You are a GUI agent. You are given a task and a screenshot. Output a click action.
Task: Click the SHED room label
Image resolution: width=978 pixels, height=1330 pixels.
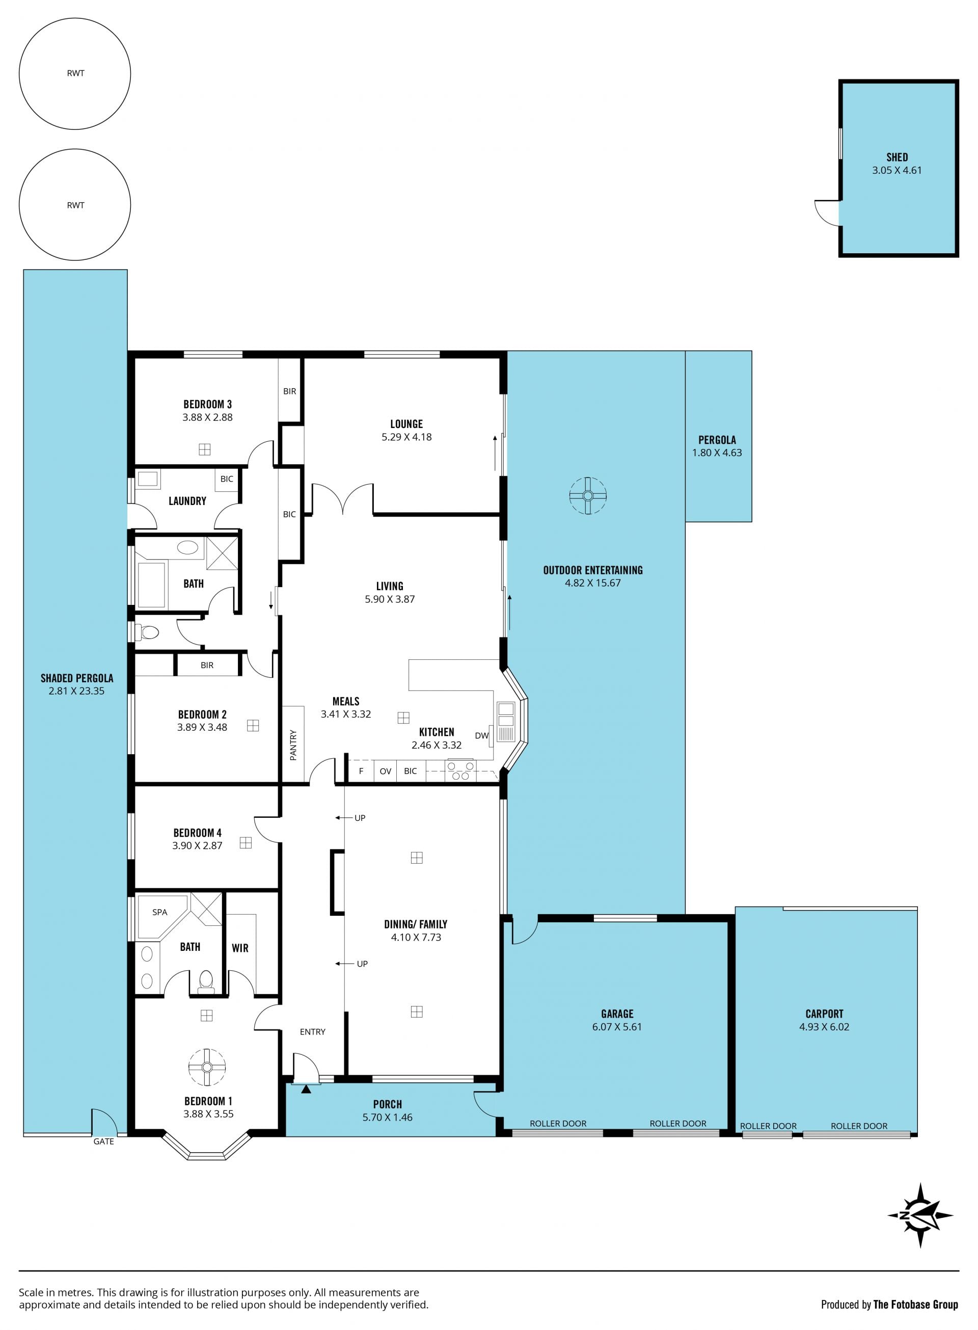coord(897,157)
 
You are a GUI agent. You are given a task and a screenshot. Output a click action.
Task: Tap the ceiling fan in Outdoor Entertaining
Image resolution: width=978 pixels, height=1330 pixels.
coord(588,496)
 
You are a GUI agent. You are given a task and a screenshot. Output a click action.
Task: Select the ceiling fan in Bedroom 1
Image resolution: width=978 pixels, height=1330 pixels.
coord(207,1067)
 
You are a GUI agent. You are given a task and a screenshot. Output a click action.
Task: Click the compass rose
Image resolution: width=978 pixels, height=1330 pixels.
coord(920,1215)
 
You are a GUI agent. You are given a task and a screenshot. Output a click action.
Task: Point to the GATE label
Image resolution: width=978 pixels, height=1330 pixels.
coord(103,1141)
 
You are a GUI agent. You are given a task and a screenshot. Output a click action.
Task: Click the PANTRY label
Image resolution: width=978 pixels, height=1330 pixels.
coord(293,745)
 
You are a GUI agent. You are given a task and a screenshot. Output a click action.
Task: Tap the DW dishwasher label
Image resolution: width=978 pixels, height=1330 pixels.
coord(482,735)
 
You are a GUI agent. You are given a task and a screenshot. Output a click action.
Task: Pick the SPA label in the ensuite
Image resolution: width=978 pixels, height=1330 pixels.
coord(160,912)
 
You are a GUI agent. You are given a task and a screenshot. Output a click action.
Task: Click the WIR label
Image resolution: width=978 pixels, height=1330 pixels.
coord(240,948)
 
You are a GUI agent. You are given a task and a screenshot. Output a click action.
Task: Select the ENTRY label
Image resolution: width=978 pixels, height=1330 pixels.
coord(313,1031)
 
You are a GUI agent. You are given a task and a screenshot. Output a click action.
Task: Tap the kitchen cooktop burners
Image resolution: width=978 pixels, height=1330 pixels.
coord(460,770)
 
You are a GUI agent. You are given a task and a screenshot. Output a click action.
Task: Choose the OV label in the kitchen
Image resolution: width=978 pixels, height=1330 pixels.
coord(386,771)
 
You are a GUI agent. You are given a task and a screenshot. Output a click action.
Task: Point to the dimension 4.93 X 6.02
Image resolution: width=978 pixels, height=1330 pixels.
coord(824,1027)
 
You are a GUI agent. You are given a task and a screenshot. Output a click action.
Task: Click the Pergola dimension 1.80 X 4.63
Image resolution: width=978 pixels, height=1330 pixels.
coord(717,453)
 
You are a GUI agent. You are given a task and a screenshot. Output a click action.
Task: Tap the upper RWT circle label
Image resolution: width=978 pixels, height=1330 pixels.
coord(76,73)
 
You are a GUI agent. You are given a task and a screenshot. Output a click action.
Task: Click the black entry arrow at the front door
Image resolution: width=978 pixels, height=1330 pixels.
coord(306,1088)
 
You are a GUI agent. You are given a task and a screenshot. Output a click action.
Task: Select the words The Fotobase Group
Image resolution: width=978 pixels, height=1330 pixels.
coord(915,1304)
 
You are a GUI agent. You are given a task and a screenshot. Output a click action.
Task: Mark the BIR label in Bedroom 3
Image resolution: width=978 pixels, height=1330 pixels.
coord(289,391)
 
